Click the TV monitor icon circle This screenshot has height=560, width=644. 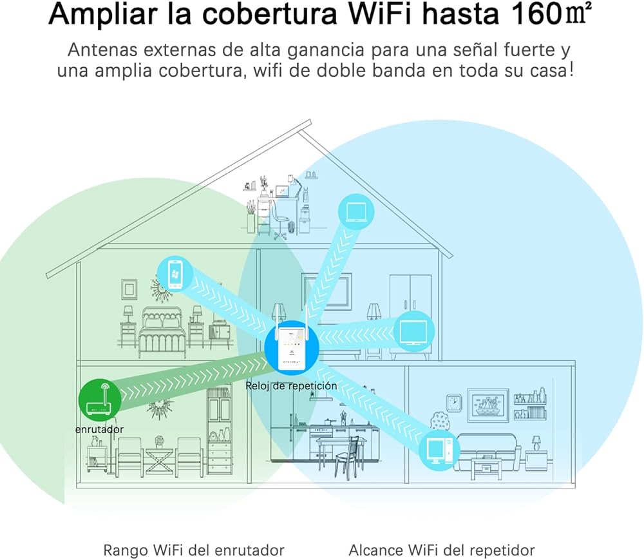(412, 332)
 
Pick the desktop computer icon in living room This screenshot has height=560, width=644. (439, 449)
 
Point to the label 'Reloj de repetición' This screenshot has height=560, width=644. (291, 385)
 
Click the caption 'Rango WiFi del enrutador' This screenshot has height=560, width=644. (194, 550)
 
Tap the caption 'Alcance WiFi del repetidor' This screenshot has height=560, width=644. (442, 550)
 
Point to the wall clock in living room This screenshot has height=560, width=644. (454, 403)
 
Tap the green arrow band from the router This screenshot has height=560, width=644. (193, 380)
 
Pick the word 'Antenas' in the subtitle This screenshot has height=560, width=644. (99, 50)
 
